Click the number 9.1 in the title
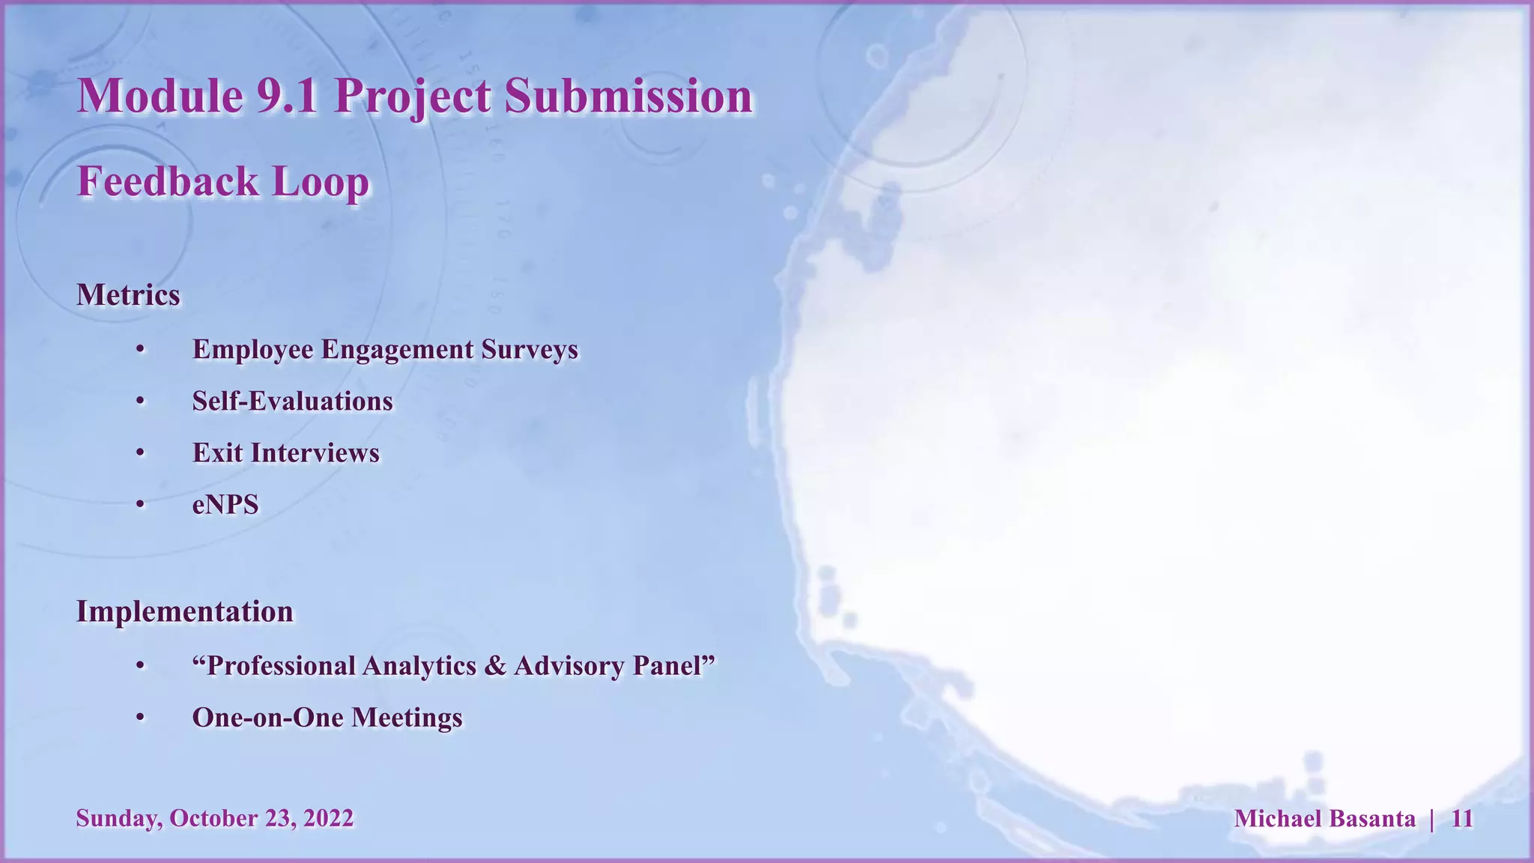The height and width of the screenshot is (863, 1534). pyautogui.click(x=288, y=97)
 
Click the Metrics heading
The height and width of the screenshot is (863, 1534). pyautogui.click(x=128, y=295)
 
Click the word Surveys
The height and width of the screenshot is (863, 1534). pyautogui.click(x=530, y=350)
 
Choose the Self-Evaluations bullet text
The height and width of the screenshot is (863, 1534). pyautogui.click(x=292, y=402)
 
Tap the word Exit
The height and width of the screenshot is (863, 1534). pyautogui.click(x=217, y=453)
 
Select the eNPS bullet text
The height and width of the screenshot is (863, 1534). pyautogui.click(x=225, y=505)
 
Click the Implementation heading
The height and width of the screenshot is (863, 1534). pyautogui.click(x=184, y=612)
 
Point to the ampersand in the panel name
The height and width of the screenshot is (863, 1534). pyautogui.click(x=495, y=666)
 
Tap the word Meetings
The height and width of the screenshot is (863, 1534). pyautogui.click(x=407, y=718)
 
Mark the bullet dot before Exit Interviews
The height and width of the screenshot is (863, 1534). pyautogui.click(x=140, y=453)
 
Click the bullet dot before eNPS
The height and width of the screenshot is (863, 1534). pyautogui.click(x=140, y=505)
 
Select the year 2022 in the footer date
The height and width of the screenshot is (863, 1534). pyautogui.click(x=328, y=818)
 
